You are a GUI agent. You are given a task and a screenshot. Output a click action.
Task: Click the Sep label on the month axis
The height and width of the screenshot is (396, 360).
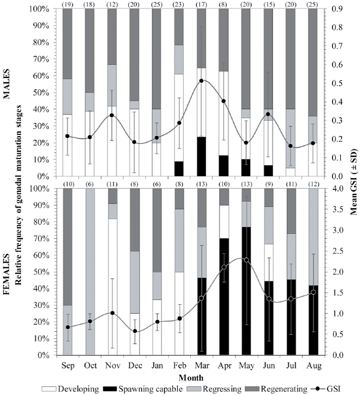pyautogui.click(x=68, y=365)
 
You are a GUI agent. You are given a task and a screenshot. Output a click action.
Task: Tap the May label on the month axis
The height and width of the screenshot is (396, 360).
pyautogui.click(x=247, y=365)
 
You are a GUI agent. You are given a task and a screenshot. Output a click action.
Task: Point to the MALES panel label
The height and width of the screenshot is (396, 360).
pyautogui.click(x=12, y=90)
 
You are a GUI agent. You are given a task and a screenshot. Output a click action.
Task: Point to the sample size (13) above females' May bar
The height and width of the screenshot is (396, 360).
pyautogui.click(x=247, y=183)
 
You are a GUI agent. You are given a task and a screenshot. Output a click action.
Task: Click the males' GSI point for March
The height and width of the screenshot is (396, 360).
pyautogui.click(x=202, y=80)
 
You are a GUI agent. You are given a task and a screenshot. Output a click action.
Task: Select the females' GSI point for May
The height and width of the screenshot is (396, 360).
pyautogui.click(x=247, y=259)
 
